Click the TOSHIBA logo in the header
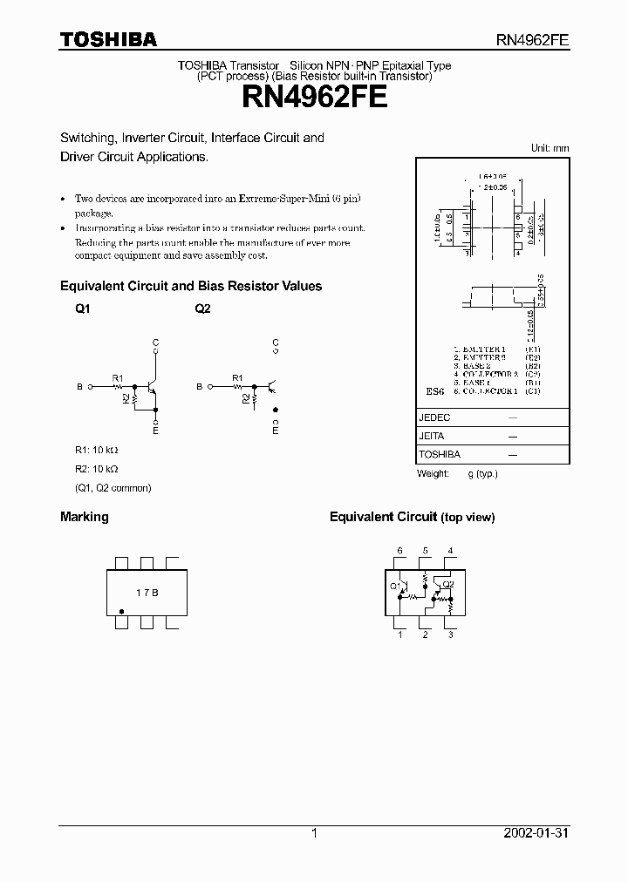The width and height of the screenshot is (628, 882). click(x=108, y=39)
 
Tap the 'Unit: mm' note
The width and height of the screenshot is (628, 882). click(x=549, y=148)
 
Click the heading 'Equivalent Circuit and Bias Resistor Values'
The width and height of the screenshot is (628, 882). click(x=191, y=286)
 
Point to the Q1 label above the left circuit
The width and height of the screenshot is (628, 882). click(x=82, y=309)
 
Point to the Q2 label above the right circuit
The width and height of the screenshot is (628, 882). click(x=202, y=309)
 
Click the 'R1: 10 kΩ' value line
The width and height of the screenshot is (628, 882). click(x=95, y=450)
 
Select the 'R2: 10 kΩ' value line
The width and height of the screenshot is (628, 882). click(x=95, y=469)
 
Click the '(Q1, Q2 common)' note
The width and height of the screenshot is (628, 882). click(x=113, y=488)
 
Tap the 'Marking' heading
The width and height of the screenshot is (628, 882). click(x=85, y=517)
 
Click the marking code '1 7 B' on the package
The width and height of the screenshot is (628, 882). click(x=147, y=593)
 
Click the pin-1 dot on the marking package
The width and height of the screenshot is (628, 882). click(x=120, y=612)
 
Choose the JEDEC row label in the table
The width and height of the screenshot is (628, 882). click(x=435, y=417)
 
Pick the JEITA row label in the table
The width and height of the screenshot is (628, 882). click(x=432, y=436)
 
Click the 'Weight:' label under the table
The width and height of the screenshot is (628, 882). click(x=433, y=473)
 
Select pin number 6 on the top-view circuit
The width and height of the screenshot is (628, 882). click(x=400, y=551)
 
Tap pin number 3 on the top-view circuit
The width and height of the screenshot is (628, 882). click(x=450, y=635)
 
